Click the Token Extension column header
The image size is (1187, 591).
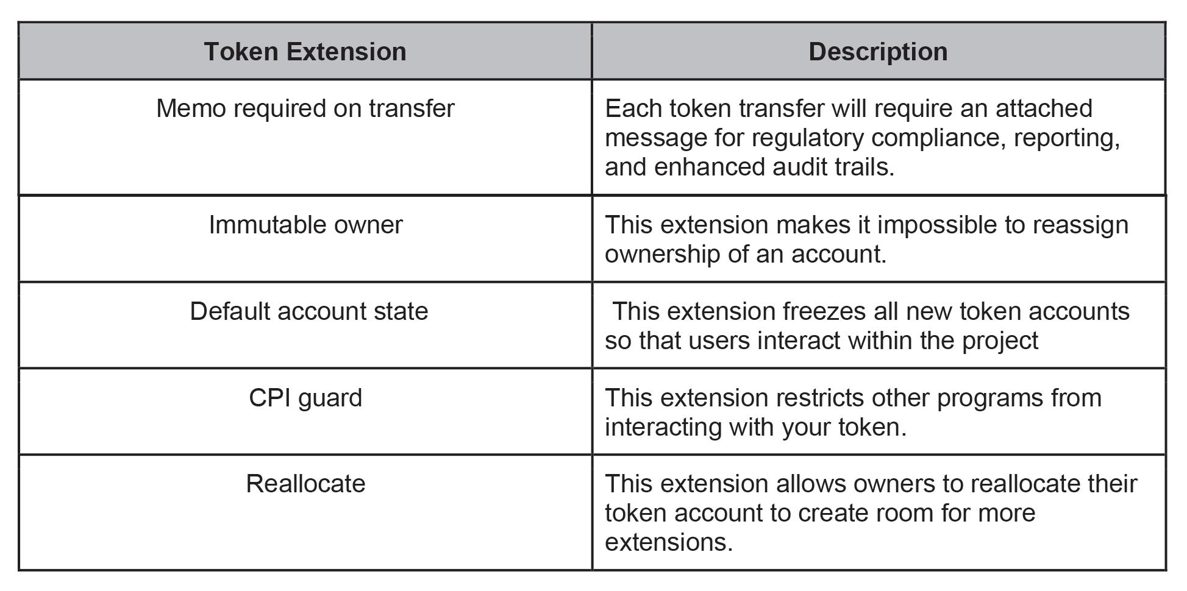(305, 52)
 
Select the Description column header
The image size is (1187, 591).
(878, 52)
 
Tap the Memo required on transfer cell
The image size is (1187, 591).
(305, 108)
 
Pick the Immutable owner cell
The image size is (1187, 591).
(305, 225)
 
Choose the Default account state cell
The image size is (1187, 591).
(308, 311)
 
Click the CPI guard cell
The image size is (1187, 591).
(305, 398)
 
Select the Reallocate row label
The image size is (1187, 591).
(305, 484)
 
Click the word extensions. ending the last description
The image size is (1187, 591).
(668, 542)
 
